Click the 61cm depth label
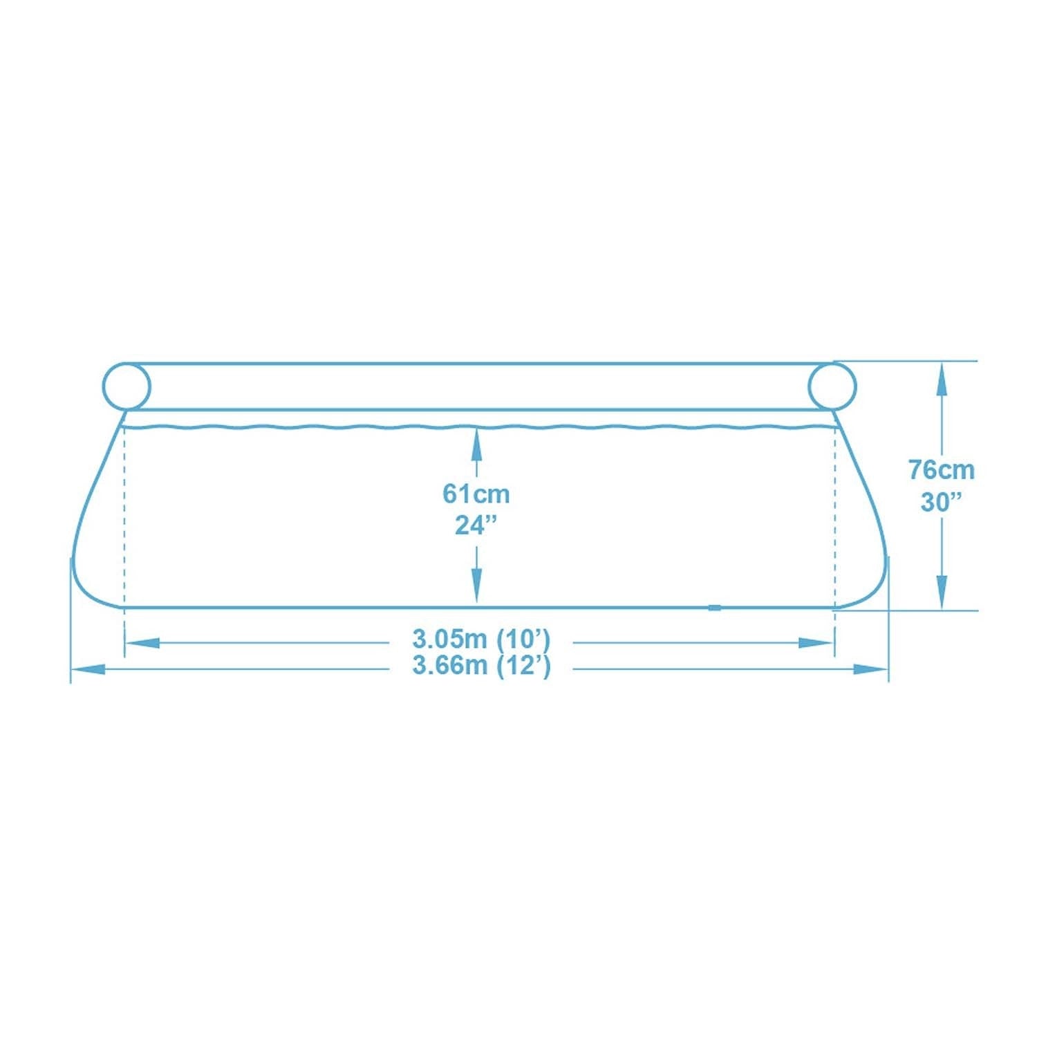tap(476, 494)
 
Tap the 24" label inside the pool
tap(476, 525)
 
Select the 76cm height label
tap(941, 470)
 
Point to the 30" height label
tap(941, 502)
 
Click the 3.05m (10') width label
tap(481, 639)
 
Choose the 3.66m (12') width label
tap(481, 666)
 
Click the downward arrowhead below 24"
tap(476, 590)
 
